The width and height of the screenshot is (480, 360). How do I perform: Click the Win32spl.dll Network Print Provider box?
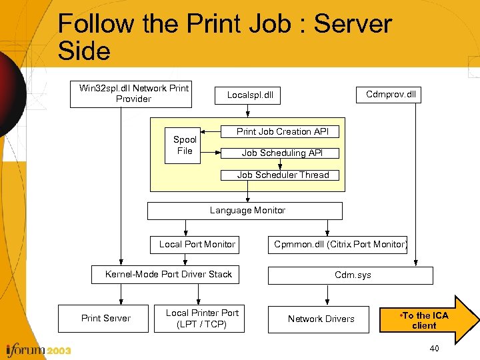131,94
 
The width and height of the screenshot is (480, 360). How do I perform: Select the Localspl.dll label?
250,95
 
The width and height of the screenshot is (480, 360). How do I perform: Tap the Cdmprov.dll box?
391,94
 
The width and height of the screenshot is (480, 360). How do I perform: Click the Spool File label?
185,145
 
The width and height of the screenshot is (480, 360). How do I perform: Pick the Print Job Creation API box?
283,132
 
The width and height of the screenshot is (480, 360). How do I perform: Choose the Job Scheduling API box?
282,153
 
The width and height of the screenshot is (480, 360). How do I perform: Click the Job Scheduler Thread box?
283,175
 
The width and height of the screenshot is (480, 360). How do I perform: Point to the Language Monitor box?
245,211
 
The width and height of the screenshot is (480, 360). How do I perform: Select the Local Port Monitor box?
197,245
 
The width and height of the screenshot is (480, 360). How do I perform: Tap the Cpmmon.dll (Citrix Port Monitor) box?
340,245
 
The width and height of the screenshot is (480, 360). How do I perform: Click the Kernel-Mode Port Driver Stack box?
169,275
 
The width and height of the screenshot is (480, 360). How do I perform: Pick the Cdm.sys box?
351,275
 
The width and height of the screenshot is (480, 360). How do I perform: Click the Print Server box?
106,319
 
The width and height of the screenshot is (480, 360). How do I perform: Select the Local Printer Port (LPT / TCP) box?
202,319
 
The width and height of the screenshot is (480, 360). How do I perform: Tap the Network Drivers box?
321,319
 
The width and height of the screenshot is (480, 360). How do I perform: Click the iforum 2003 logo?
37,349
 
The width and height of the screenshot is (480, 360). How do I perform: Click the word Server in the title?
353,24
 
